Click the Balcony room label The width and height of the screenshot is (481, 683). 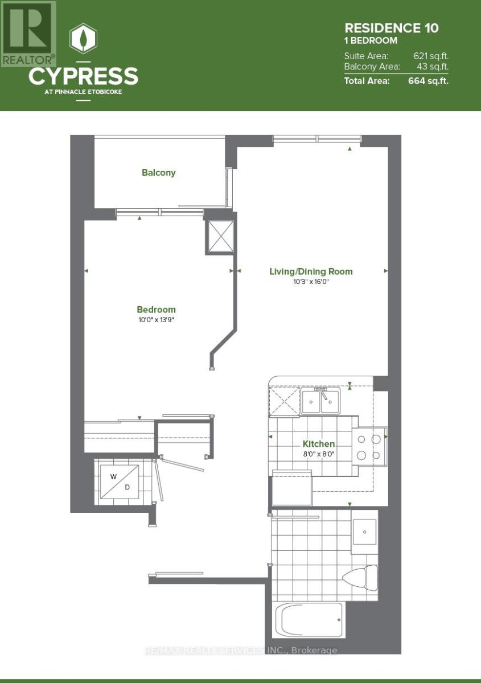coord(159,172)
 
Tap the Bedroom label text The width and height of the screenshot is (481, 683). coord(156,310)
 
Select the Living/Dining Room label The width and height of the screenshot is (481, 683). coord(311,271)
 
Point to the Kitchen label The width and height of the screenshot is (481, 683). coord(318,444)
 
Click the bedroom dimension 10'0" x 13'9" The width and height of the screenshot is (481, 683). coord(156,320)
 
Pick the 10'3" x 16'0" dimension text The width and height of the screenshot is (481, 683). coord(311,282)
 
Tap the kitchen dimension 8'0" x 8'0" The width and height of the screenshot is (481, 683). coord(318,454)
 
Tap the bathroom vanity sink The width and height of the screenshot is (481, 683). coord(364,532)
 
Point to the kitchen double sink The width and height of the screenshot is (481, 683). coord(320,402)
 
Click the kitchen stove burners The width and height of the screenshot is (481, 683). coord(368,447)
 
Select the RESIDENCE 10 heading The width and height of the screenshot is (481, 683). coord(392,27)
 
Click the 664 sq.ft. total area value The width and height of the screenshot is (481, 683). coord(428,81)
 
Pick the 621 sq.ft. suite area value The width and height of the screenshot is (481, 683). coord(430,56)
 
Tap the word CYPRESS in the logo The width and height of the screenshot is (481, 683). coord(83,76)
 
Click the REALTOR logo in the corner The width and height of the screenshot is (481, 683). coord(28,33)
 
